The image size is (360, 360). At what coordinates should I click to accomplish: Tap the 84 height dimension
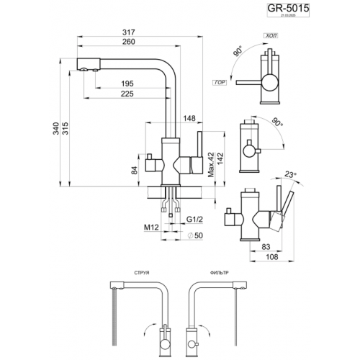tap(133, 170)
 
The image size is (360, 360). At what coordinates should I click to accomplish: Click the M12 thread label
tap(151, 228)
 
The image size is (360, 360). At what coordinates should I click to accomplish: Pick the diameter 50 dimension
tap(193, 236)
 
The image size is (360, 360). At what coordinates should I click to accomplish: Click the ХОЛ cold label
tap(271, 34)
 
